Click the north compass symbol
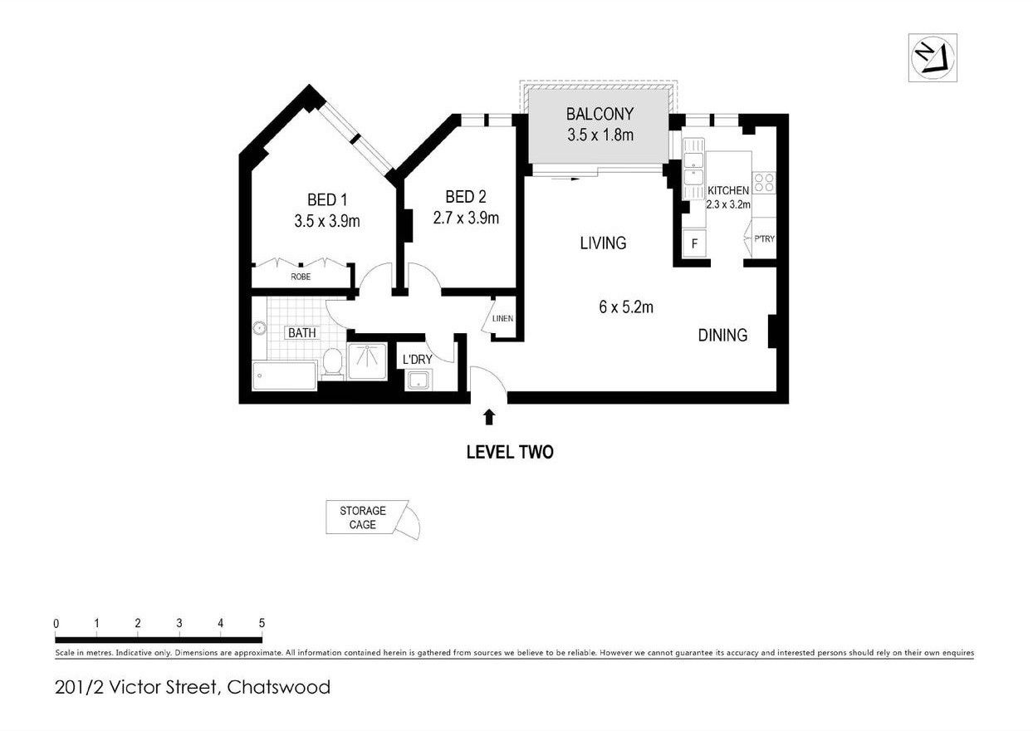(933, 56)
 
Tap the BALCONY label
(600, 114)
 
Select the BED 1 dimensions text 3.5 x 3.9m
(326, 221)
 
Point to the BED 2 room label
(465, 197)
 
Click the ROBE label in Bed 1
(301, 277)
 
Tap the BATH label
(301, 333)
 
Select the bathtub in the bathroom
(284, 375)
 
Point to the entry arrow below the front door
(490, 417)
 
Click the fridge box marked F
(694, 244)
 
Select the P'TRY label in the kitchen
(764, 239)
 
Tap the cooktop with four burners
(763, 182)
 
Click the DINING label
(722, 336)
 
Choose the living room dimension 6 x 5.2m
(625, 307)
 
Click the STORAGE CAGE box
(363, 518)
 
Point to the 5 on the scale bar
(262, 623)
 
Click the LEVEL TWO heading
(509, 453)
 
